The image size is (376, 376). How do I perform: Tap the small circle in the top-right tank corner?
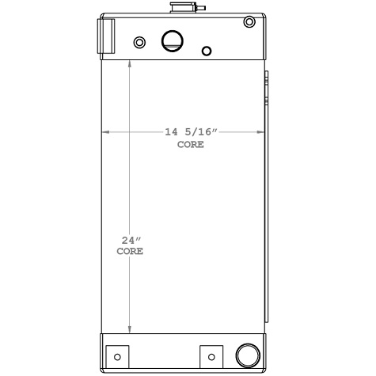pyautogui.click(x=250, y=21)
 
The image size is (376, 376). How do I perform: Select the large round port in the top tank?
pyautogui.click(x=172, y=41)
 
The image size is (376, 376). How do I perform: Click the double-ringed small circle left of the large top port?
pyautogui.click(x=140, y=42)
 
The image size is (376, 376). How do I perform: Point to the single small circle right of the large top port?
pyautogui.click(x=207, y=51)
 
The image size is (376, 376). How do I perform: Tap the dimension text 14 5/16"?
pyautogui.click(x=189, y=132)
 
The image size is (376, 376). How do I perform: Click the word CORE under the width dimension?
pyautogui.click(x=190, y=144)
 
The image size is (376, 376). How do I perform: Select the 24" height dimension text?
pyautogui.click(x=130, y=239)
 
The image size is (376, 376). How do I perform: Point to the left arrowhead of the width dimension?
pyautogui.click(x=105, y=132)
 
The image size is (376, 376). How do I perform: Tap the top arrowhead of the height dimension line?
pyautogui.click(x=131, y=64)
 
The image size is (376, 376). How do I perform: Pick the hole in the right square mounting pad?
pyautogui.click(x=212, y=356)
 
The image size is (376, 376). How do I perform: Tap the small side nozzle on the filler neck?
pyautogui.click(x=201, y=9)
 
